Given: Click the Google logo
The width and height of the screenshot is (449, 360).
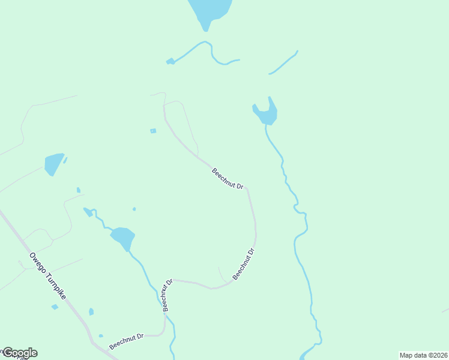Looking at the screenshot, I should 20,353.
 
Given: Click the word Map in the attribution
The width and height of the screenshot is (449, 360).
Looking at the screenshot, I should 406,355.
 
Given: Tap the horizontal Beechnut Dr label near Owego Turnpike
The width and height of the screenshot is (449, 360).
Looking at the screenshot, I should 127,342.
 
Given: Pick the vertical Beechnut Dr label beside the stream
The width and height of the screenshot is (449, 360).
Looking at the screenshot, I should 167,294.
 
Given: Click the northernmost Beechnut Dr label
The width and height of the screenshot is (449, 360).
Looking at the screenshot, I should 228,179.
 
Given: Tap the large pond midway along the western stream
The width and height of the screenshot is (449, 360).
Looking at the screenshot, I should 122,238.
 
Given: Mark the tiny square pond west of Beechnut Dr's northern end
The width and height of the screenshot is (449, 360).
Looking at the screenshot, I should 153,131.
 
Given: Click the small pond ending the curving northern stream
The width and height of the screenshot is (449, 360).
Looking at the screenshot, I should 170,61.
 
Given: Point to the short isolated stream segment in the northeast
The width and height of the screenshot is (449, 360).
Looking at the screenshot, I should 284,62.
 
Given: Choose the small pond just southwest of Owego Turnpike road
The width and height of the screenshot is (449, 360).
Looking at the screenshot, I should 55,307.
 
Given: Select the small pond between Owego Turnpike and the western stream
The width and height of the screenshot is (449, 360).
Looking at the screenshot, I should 91,311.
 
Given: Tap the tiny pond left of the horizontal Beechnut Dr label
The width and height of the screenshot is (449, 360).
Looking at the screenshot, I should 101,335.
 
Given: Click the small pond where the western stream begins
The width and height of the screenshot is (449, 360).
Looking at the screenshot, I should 88,211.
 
